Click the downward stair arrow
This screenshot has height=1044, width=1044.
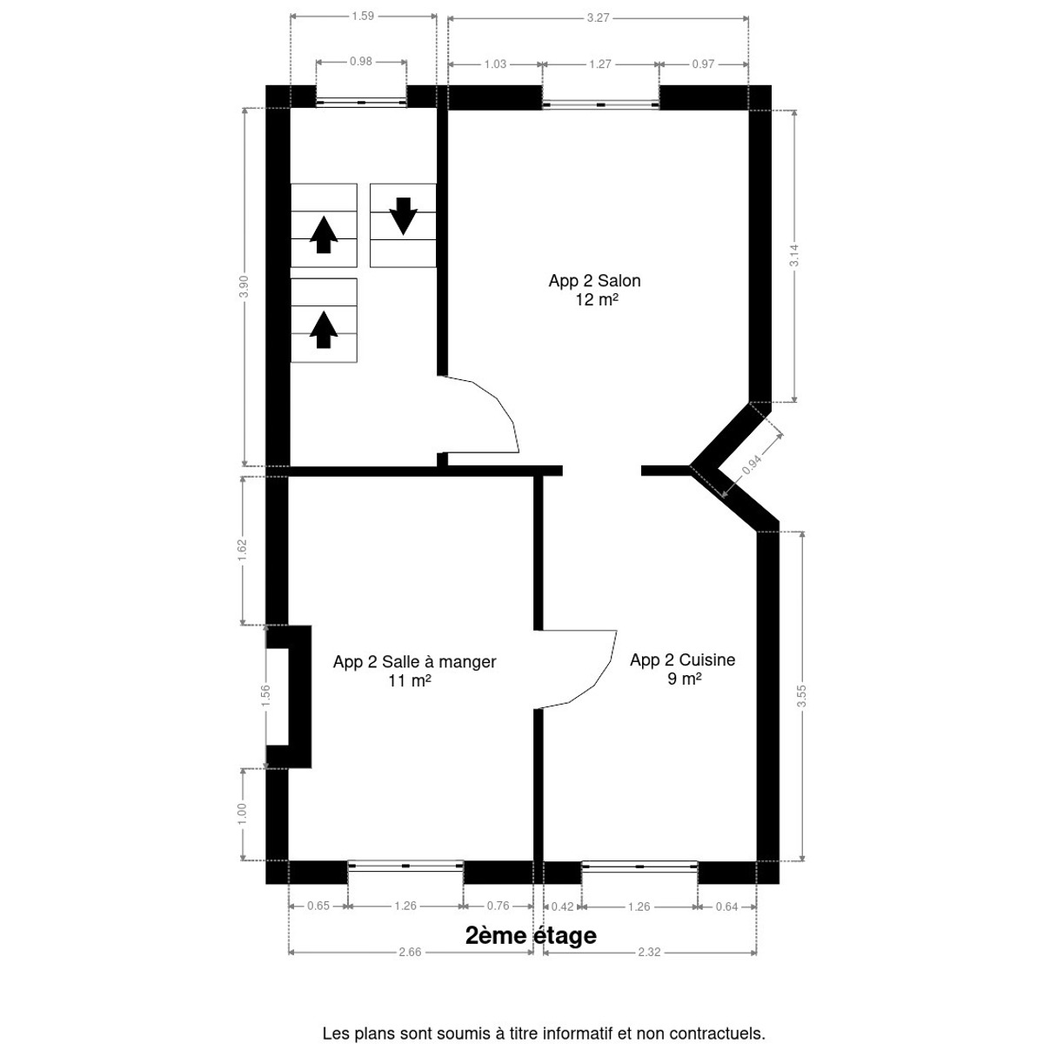coord(403,216)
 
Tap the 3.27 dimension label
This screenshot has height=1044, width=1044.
coord(598,18)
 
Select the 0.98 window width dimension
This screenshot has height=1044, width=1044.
coord(361,62)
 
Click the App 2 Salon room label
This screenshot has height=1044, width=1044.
coord(595,281)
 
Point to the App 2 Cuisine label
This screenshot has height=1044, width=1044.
coord(683,659)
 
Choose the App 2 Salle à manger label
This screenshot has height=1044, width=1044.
coord(414,661)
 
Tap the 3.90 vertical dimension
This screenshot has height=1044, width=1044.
coord(244,286)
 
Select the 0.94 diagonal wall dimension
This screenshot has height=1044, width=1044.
coord(752,465)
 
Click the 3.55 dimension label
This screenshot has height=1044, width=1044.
coord(802,696)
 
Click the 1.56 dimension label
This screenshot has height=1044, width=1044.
coord(265,696)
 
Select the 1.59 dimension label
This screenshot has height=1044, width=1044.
coord(363,17)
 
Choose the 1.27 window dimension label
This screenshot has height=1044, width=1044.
coord(600,64)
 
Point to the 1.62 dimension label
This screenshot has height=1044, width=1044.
coord(242,550)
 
